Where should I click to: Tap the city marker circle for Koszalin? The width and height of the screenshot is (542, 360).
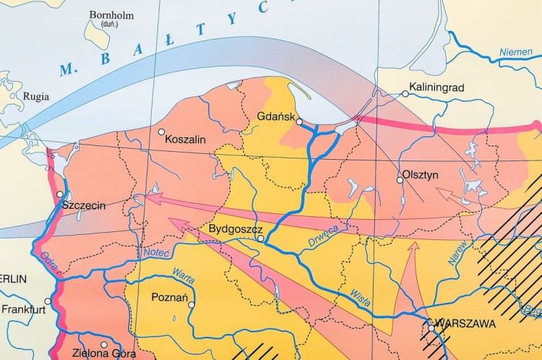pos(162,132)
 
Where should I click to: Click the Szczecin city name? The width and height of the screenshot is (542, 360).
pos(84,205)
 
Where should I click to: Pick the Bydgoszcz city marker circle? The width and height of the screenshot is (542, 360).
pos(260,237)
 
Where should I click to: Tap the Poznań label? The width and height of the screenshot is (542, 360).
pos(170,297)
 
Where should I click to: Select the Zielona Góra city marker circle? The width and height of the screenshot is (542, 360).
pos(104,345)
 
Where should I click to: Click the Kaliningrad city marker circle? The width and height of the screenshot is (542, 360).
pos(405,93)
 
